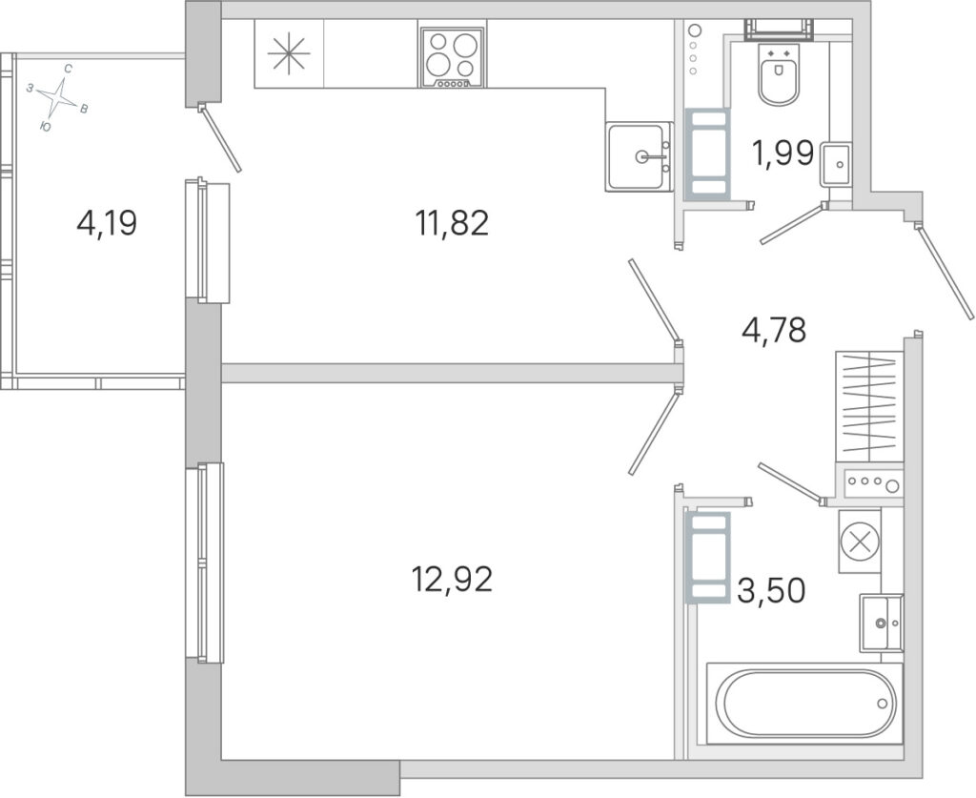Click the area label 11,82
[x=452, y=223]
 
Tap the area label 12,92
[x=452, y=579]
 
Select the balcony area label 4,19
[x=107, y=223]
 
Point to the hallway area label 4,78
[x=774, y=330]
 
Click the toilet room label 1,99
[x=783, y=153]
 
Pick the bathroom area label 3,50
[x=771, y=590]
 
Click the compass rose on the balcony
[x=58, y=97]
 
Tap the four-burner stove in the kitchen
[x=453, y=57]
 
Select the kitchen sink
[x=639, y=156]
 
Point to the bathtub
[x=804, y=704]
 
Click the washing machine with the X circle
[x=860, y=541]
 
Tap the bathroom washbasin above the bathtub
[x=881, y=623]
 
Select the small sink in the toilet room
[x=836, y=164]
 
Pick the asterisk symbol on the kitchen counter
[x=288, y=53]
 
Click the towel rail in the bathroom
[x=708, y=557]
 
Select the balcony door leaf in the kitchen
[x=219, y=138]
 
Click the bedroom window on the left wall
[x=204, y=563]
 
